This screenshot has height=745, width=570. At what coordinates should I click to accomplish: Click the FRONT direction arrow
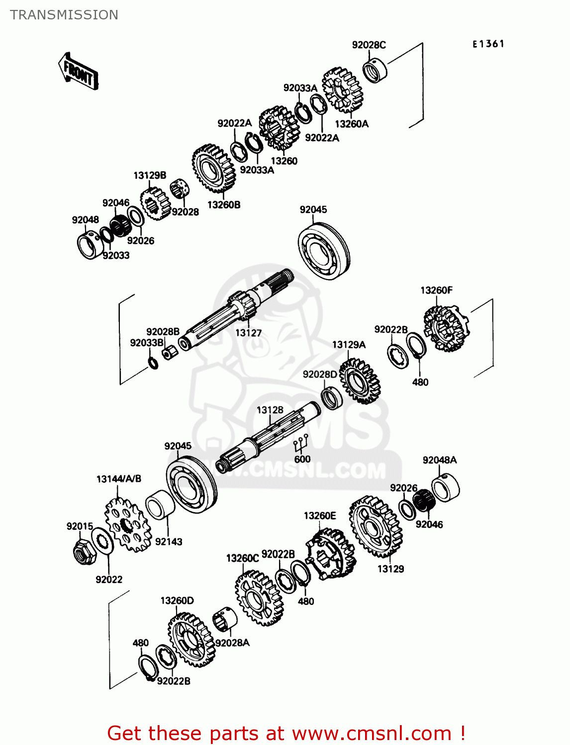[79, 72]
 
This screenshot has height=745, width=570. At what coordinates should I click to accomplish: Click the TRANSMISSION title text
[64, 15]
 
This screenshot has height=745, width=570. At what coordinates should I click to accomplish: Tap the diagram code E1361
[488, 44]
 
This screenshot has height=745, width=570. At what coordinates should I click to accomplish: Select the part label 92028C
[369, 45]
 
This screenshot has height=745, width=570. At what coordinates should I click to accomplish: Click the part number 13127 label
[248, 333]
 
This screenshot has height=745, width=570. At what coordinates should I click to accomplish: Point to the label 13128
[270, 410]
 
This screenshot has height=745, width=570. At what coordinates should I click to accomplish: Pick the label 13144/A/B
[119, 479]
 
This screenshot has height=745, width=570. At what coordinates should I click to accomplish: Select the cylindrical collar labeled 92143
[160, 505]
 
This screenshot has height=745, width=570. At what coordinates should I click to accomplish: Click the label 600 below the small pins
[302, 459]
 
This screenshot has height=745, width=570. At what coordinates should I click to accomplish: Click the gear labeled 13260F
[445, 328]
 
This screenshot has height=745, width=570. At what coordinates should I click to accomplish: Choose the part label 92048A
[439, 460]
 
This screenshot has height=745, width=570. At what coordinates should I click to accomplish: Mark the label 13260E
[320, 516]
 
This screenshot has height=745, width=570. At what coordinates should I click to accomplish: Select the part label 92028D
[320, 374]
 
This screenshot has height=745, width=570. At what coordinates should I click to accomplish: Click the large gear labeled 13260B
[213, 169]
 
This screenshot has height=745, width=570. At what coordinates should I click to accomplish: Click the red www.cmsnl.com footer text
[286, 733]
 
